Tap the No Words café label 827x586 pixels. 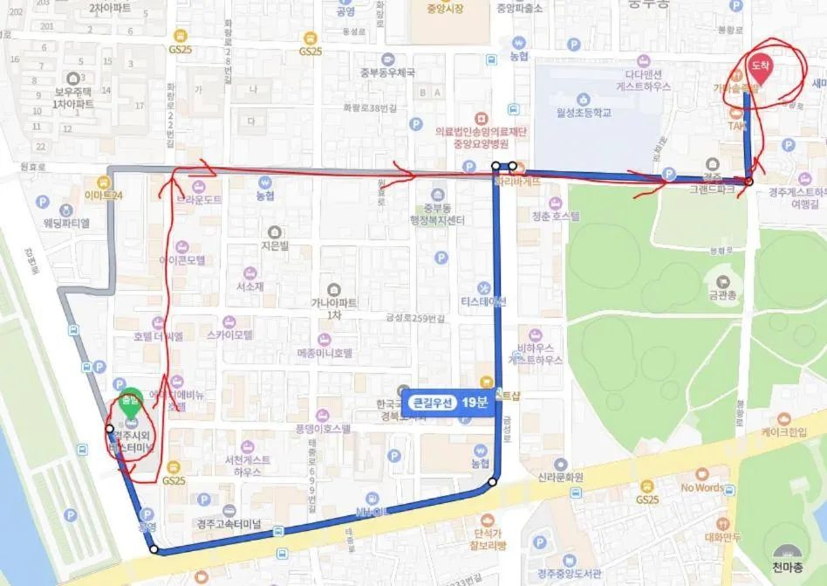pyautogui.click(x=702, y=487)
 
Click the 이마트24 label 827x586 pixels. pyautogui.click(x=104, y=195)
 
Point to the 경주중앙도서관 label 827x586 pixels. pyautogui.click(x=566, y=574)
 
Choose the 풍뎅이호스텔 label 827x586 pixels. pyautogui.click(x=323, y=429)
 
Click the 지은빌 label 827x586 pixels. pyautogui.click(x=274, y=246)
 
